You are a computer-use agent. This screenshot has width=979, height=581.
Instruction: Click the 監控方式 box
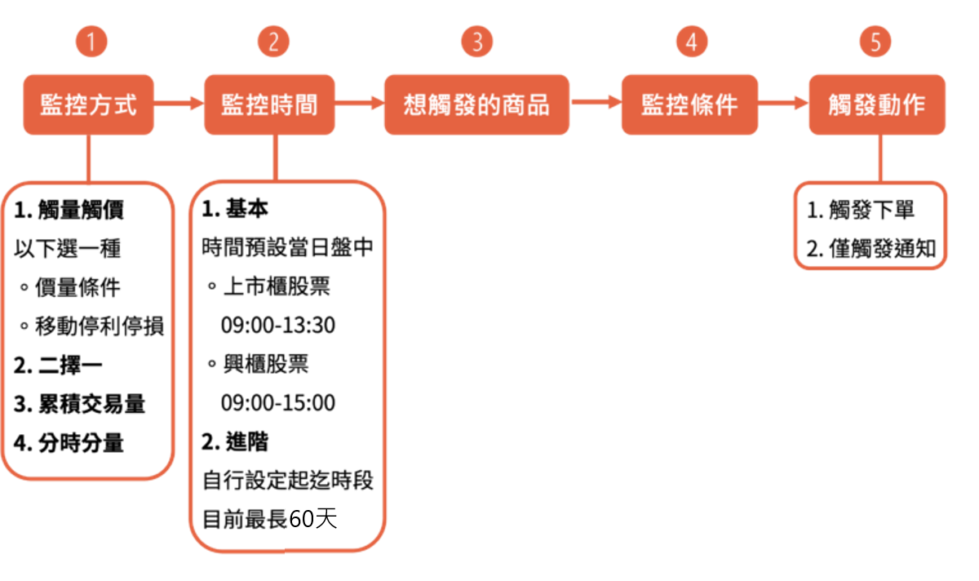coord(88,104)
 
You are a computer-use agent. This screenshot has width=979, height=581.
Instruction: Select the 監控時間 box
coord(269,104)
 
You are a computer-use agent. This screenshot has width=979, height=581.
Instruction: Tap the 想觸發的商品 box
coord(476,104)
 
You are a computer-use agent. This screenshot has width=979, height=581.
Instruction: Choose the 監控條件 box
coord(689,104)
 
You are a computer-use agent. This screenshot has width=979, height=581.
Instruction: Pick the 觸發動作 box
coord(877,104)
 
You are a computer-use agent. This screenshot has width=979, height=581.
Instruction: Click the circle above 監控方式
coord(91,41)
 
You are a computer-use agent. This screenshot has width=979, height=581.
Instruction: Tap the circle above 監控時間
coord(273,41)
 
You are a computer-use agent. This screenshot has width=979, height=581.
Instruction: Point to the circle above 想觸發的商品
coord(476,41)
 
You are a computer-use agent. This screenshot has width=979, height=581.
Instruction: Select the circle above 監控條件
coord(692,41)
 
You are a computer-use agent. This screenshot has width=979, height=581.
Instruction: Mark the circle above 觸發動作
coord(875,41)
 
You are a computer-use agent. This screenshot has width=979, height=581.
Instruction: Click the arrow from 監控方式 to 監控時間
coord(179,104)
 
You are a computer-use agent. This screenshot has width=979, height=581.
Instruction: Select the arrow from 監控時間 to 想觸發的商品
coord(360,104)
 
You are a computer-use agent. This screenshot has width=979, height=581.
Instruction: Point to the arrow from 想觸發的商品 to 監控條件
coord(596,104)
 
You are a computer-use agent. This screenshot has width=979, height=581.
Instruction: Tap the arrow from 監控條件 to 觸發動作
coord(783,104)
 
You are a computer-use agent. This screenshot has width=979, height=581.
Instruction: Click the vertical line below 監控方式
coord(88,157)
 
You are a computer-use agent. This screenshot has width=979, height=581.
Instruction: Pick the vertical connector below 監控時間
coord(276,157)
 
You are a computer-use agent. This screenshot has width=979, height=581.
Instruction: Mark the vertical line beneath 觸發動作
coord(880,157)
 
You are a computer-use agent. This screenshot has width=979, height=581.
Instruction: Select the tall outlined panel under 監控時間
coord(287,365)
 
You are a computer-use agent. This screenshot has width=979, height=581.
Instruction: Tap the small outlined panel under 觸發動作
coord(870,225)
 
